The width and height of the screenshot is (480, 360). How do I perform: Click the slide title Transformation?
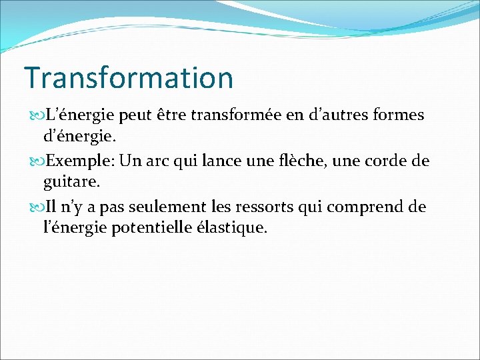129,77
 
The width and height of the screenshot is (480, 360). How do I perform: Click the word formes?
400,115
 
